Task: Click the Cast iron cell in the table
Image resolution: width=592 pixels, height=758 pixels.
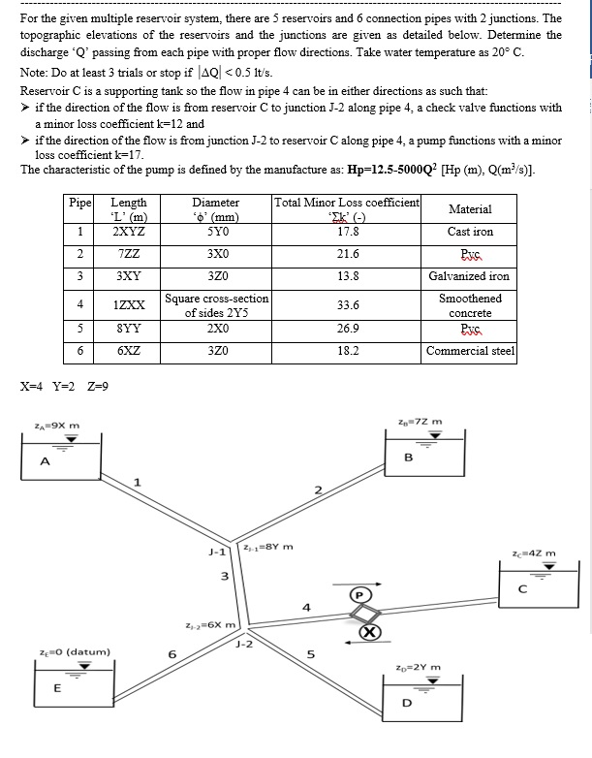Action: pyautogui.click(x=470, y=232)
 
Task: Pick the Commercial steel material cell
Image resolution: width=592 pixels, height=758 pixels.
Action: pyautogui.click(x=470, y=350)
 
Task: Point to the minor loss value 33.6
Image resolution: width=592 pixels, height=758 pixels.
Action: pyautogui.click(x=347, y=305)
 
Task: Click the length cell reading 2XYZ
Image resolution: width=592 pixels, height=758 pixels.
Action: pyautogui.click(x=129, y=232)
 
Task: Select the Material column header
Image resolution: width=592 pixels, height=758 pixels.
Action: pyautogui.click(x=470, y=208)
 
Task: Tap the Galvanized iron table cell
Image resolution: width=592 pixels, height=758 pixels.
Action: pyautogui.click(x=470, y=276)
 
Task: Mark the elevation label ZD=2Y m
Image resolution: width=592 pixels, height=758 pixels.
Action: pyautogui.click(x=420, y=667)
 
